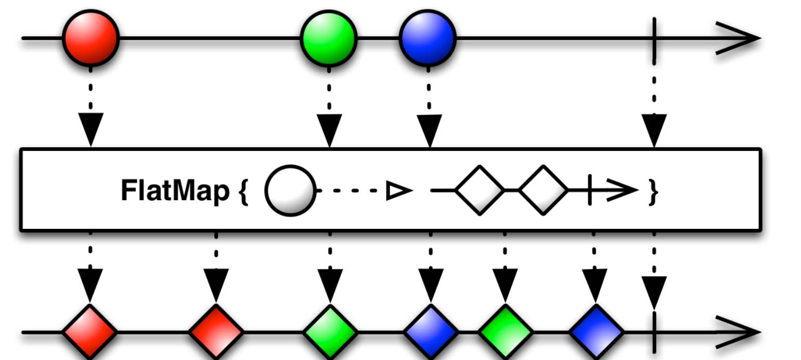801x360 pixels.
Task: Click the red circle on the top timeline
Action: tap(91, 38)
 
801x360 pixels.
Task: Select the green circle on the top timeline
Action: tap(329, 38)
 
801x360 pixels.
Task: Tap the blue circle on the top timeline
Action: tap(428, 38)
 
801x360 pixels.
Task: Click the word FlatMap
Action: tap(175, 190)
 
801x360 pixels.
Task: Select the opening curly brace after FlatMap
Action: tap(243, 192)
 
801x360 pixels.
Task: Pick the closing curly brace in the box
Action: tap(653, 192)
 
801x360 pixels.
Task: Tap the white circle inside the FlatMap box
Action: tap(290, 190)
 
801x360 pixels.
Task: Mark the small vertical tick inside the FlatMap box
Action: tap(590, 190)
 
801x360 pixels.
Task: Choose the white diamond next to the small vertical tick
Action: tap(543, 190)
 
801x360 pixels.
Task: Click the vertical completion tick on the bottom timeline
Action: tap(654, 332)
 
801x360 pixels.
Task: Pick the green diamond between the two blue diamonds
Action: tap(505, 332)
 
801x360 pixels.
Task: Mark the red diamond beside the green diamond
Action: tap(216, 332)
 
